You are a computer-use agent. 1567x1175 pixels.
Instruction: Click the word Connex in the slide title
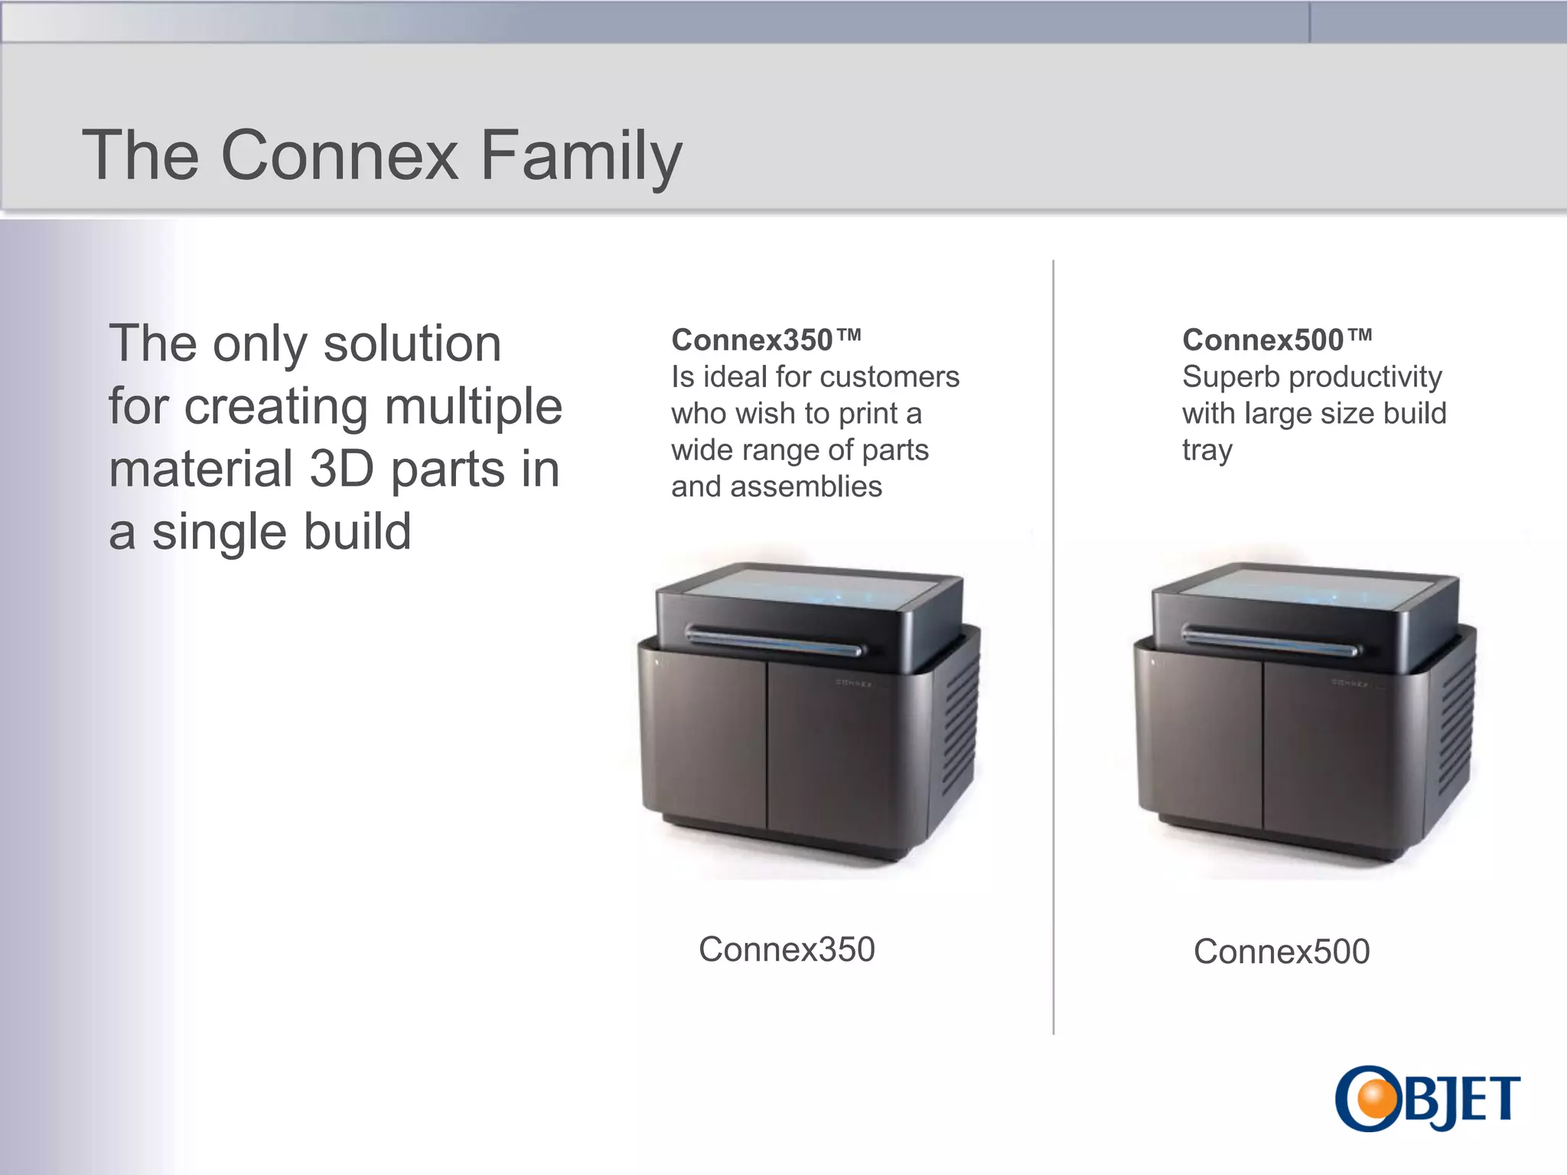(339, 155)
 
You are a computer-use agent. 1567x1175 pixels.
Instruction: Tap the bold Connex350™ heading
(766, 340)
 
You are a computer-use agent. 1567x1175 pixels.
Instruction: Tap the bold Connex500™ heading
(1276, 340)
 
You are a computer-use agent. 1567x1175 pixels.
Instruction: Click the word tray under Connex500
(1207, 451)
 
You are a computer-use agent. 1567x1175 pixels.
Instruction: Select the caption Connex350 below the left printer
(786, 949)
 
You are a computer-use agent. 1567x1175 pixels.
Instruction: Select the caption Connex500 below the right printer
(1282, 952)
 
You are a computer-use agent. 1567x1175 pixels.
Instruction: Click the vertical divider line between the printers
(1054, 650)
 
